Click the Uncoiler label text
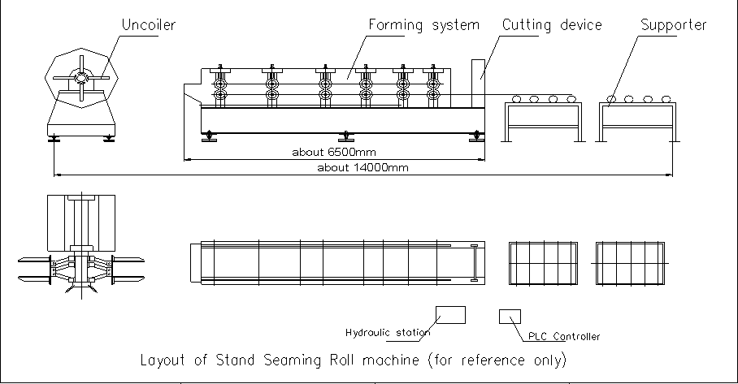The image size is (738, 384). (x=148, y=25)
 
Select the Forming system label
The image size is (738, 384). (x=423, y=25)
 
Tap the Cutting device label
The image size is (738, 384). (x=551, y=25)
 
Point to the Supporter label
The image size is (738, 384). (x=673, y=25)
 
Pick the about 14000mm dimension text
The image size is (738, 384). (x=362, y=168)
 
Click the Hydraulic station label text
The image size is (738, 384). (x=388, y=332)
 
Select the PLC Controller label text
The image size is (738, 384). (x=564, y=336)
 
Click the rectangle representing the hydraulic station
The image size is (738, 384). (x=450, y=314)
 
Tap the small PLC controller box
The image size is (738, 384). (x=509, y=316)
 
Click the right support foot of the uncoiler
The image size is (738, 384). (x=108, y=138)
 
